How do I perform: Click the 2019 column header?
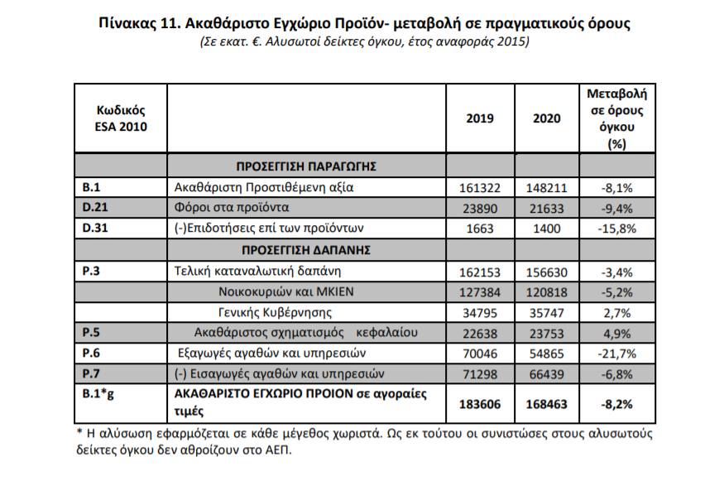480,118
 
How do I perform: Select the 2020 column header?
546,118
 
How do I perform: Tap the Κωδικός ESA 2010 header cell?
120,118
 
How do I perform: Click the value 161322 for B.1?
480,188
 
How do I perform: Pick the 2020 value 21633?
546,208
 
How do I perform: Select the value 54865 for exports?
546,353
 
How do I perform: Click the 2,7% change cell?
616,312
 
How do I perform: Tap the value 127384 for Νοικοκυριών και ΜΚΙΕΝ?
480,291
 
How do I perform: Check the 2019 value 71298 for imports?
480,373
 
